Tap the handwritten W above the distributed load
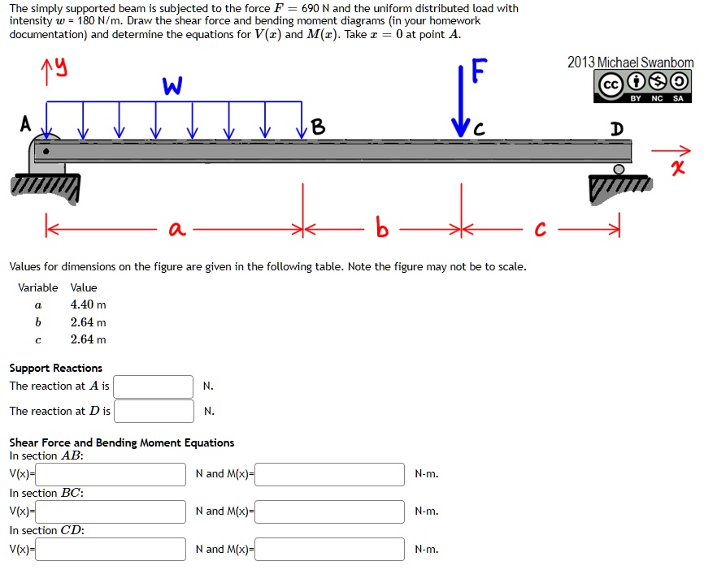[172, 84]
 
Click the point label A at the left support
[26, 124]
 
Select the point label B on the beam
[318, 127]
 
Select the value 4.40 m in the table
[88, 304]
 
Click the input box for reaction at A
[154, 386]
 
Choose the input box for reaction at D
[154, 412]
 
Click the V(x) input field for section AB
[111, 474]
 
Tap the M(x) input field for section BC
[330, 511]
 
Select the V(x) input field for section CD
[111, 550]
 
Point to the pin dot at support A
[46, 150]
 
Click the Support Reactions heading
[55, 368]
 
